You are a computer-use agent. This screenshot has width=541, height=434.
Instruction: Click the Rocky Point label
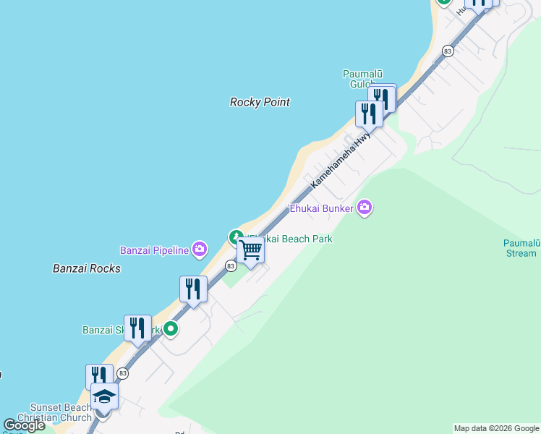tap(260, 102)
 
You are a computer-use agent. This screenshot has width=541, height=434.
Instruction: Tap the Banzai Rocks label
tap(87, 268)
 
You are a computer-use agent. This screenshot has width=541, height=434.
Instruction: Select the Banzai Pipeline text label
tap(154, 250)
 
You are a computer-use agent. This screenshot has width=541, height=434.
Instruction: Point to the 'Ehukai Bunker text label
tap(321, 208)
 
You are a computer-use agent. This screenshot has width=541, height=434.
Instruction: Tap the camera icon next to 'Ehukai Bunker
tap(365, 208)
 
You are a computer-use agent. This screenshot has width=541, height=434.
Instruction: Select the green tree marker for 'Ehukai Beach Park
tap(236, 237)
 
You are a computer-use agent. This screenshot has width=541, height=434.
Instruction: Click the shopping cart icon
tap(251, 250)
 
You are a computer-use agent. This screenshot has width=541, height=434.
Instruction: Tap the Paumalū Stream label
tap(520, 248)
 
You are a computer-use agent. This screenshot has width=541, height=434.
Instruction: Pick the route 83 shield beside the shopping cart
tap(230, 266)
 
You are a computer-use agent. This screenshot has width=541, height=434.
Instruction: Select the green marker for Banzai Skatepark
tap(171, 330)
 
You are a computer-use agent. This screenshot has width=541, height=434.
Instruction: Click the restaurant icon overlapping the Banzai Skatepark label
tap(137, 328)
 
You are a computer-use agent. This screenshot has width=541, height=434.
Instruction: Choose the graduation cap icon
tap(104, 396)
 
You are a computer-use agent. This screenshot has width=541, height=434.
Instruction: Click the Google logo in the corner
tap(24, 425)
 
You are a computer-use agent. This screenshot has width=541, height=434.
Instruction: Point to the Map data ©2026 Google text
tap(496, 428)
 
